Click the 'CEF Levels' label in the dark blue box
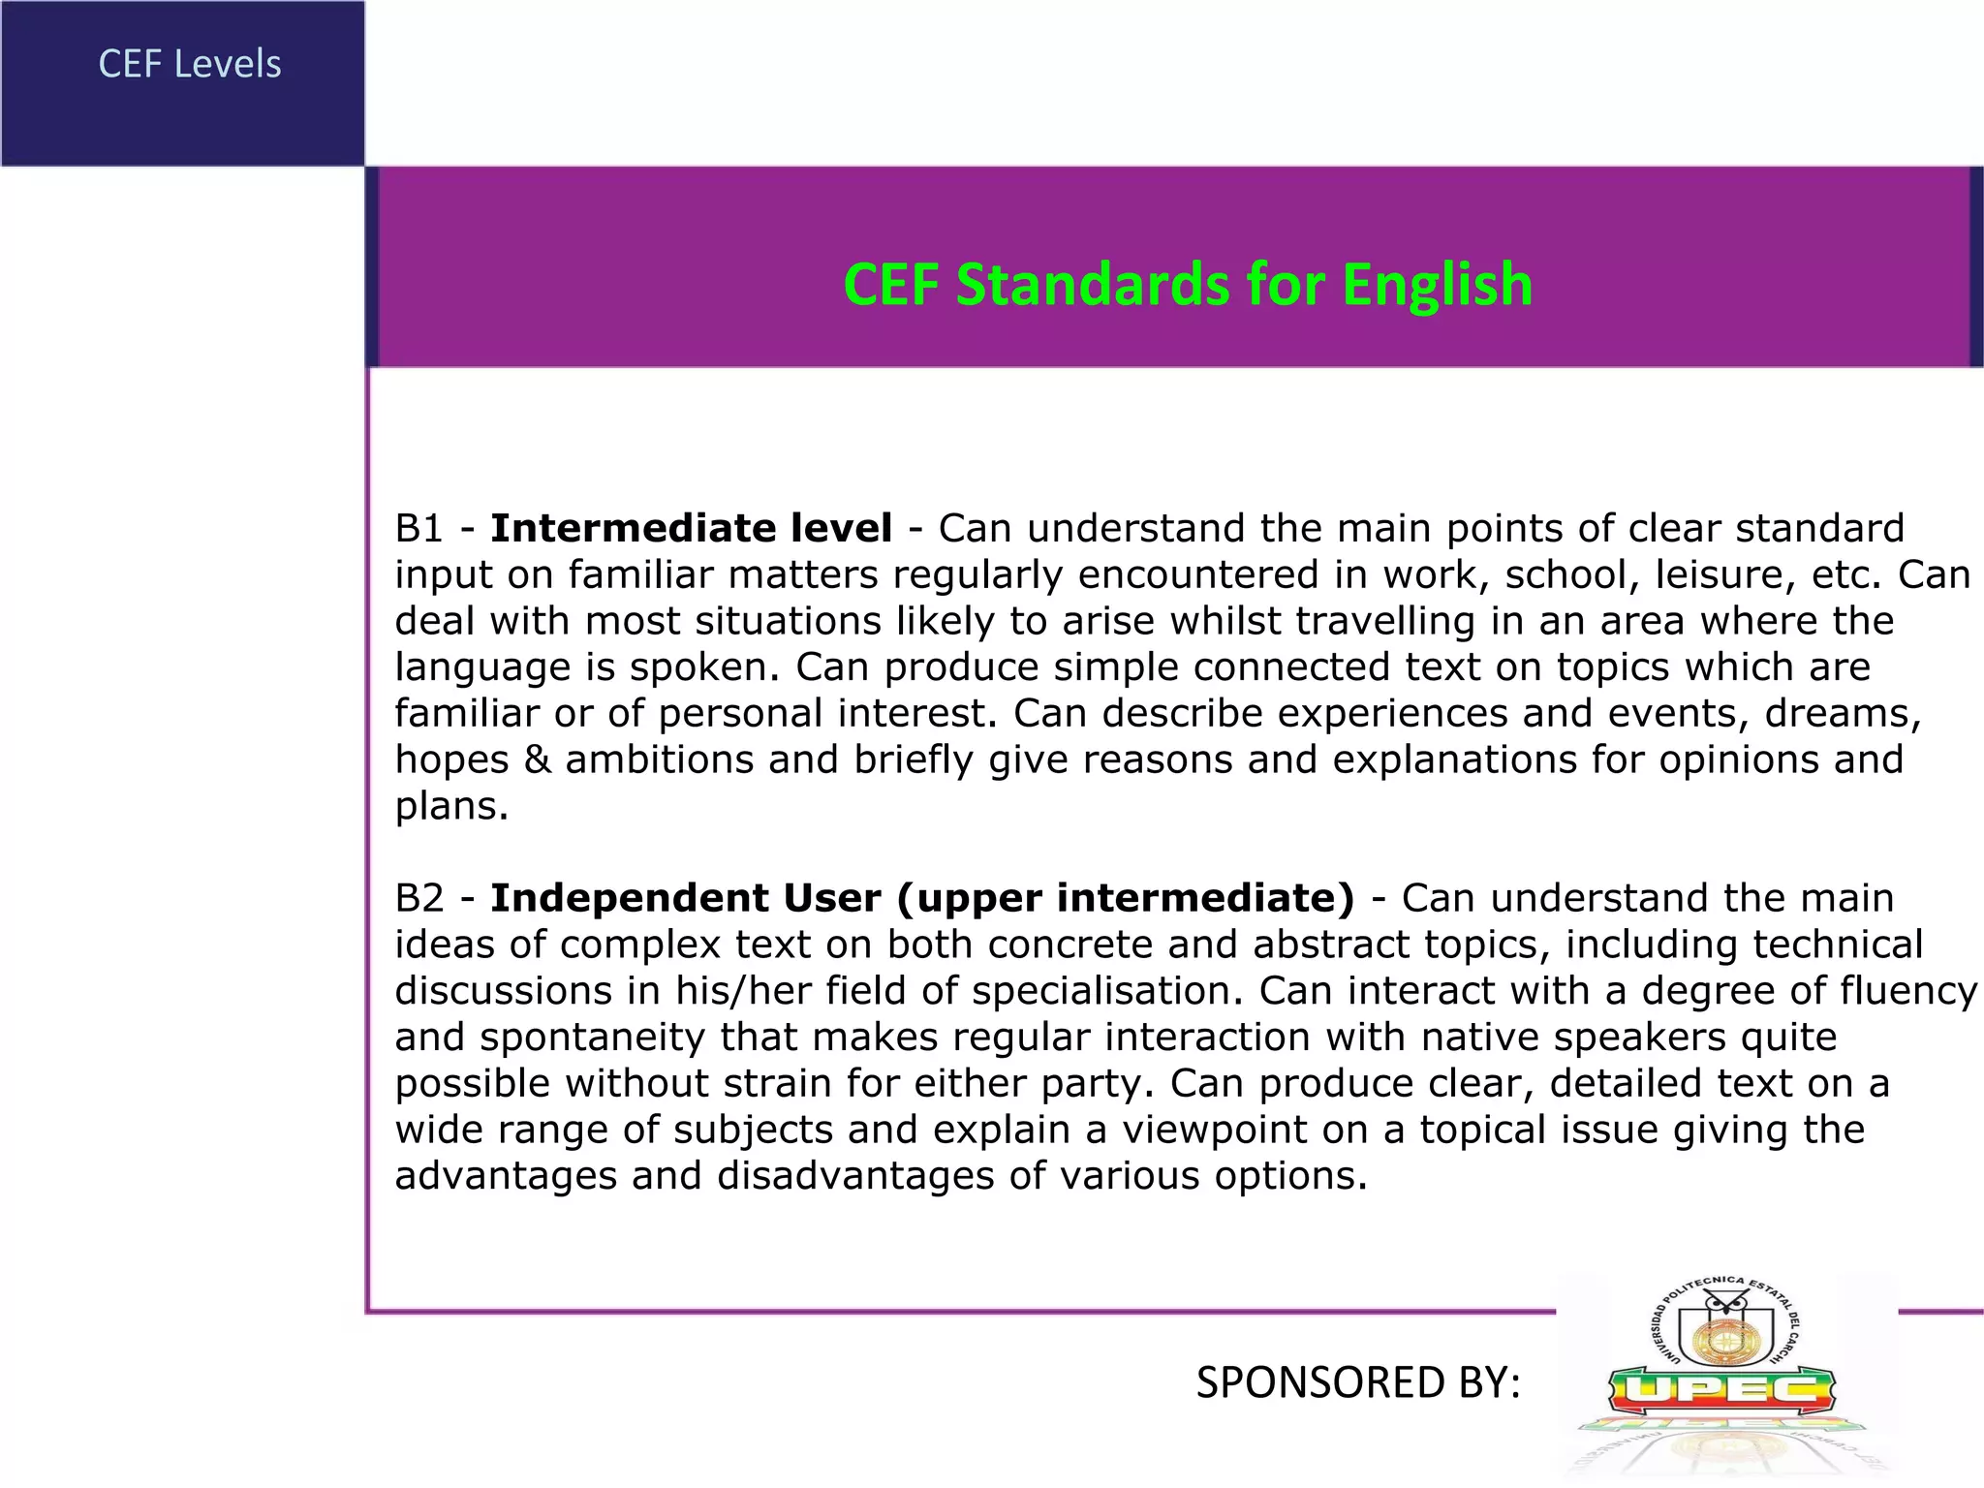[x=190, y=65]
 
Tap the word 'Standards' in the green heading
[x=1094, y=286]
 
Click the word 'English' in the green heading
[x=1437, y=286]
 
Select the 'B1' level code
[x=418, y=529]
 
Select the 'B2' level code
[x=418, y=899]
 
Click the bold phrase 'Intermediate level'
[x=691, y=529]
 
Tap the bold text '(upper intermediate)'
[x=1126, y=899]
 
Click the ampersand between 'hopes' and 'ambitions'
[x=537, y=759]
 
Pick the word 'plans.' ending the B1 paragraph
[x=451, y=807]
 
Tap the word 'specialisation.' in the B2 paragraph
[x=1107, y=991]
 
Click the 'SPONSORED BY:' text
[x=1358, y=1382]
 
